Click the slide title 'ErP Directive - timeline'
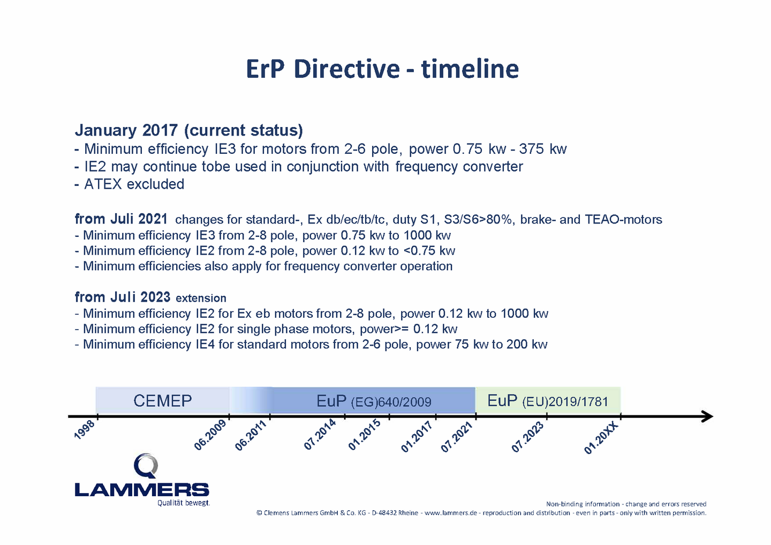pos(382,69)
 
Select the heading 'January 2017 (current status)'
pos(189,130)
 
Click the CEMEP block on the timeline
pos(162,400)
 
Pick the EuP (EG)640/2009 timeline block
pos(374,401)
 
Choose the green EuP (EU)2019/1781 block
pos(548,400)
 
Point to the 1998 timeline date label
pos(85,430)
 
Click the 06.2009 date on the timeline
pos(210,435)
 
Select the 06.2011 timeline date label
pos(251,435)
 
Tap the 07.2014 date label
pos(320,434)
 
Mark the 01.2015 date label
pos(364,435)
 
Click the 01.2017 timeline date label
pos(417,436)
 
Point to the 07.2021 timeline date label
pos(456,437)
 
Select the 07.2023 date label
pos(527,437)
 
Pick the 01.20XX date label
pos(601,438)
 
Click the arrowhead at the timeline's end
pos(708,416)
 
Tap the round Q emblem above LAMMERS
pos(146,466)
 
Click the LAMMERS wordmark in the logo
pos(142,490)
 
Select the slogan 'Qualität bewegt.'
pos(184,503)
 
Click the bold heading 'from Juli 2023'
pos(123,297)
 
